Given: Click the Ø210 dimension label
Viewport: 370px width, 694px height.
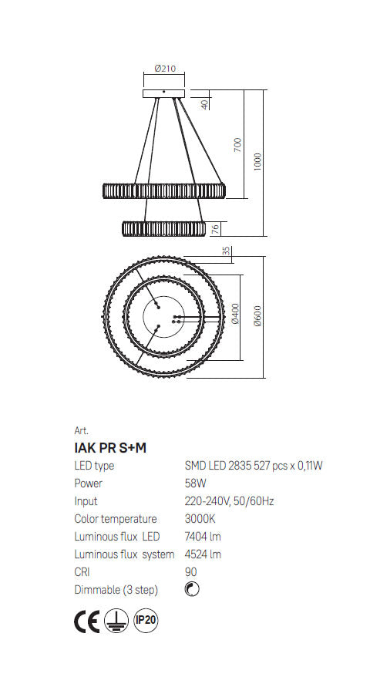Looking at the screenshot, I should click(x=165, y=69).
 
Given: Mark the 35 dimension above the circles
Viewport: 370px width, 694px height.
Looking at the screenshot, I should click(x=226, y=251).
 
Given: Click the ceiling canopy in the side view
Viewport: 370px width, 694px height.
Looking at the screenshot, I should click(x=165, y=93).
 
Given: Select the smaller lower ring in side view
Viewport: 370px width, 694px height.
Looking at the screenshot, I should click(x=163, y=228).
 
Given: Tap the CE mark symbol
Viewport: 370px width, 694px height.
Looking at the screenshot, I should click(x=86, y=622).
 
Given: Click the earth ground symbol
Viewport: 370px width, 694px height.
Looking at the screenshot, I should click(x=115, y=622).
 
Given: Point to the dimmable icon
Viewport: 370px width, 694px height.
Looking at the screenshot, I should click(x=193, y=590).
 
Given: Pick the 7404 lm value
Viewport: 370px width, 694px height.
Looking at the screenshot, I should click(x=203, y=537).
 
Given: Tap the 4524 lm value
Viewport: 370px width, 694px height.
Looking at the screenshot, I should click(x=203, y=554).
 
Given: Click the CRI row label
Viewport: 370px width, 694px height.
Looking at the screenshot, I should click(x=82, y=572).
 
